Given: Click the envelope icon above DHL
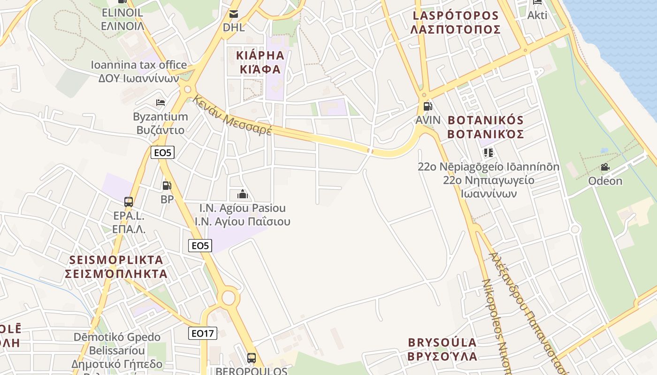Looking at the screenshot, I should (x=234, y=14).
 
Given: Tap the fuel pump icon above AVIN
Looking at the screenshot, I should (x=427, y=106).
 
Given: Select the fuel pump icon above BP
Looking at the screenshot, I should (x=167, y=186).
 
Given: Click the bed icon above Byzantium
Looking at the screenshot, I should (x=160, y=102).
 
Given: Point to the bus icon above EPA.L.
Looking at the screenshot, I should (x=128, y=202).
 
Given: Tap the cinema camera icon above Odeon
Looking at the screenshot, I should (x=605, y=167).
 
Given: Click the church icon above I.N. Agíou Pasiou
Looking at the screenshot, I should (x=243, y=194).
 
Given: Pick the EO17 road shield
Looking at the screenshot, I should (x=203, y=333).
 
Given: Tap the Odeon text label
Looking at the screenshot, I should (x=605, y=181).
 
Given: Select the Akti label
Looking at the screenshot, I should (x=537, y=15).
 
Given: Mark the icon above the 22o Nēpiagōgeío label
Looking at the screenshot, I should (x=488, y=153).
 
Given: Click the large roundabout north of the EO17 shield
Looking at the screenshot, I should (x=229, y=297).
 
